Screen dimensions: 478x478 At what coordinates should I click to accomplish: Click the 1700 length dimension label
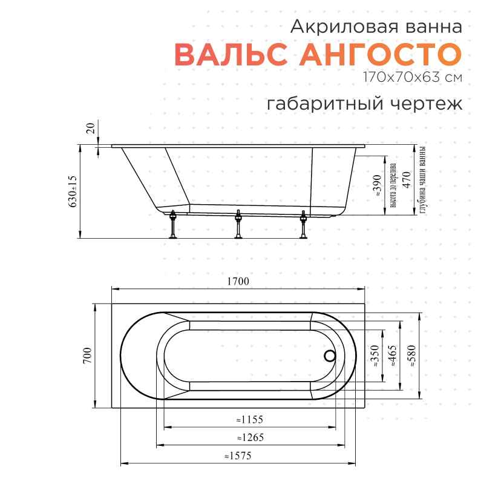click(238, 281)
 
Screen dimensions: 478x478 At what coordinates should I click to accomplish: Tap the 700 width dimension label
click(87, 355)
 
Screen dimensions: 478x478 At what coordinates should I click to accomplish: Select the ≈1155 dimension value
click(250, 419)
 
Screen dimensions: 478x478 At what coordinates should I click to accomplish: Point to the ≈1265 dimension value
click(250, 437)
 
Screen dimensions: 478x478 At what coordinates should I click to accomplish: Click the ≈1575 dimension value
click(238, 456)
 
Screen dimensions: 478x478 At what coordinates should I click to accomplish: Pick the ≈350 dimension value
click(375, 356)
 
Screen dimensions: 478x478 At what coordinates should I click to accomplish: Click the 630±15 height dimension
click(73, 191)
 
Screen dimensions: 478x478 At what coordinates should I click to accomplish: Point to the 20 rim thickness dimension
click(91, 128)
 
